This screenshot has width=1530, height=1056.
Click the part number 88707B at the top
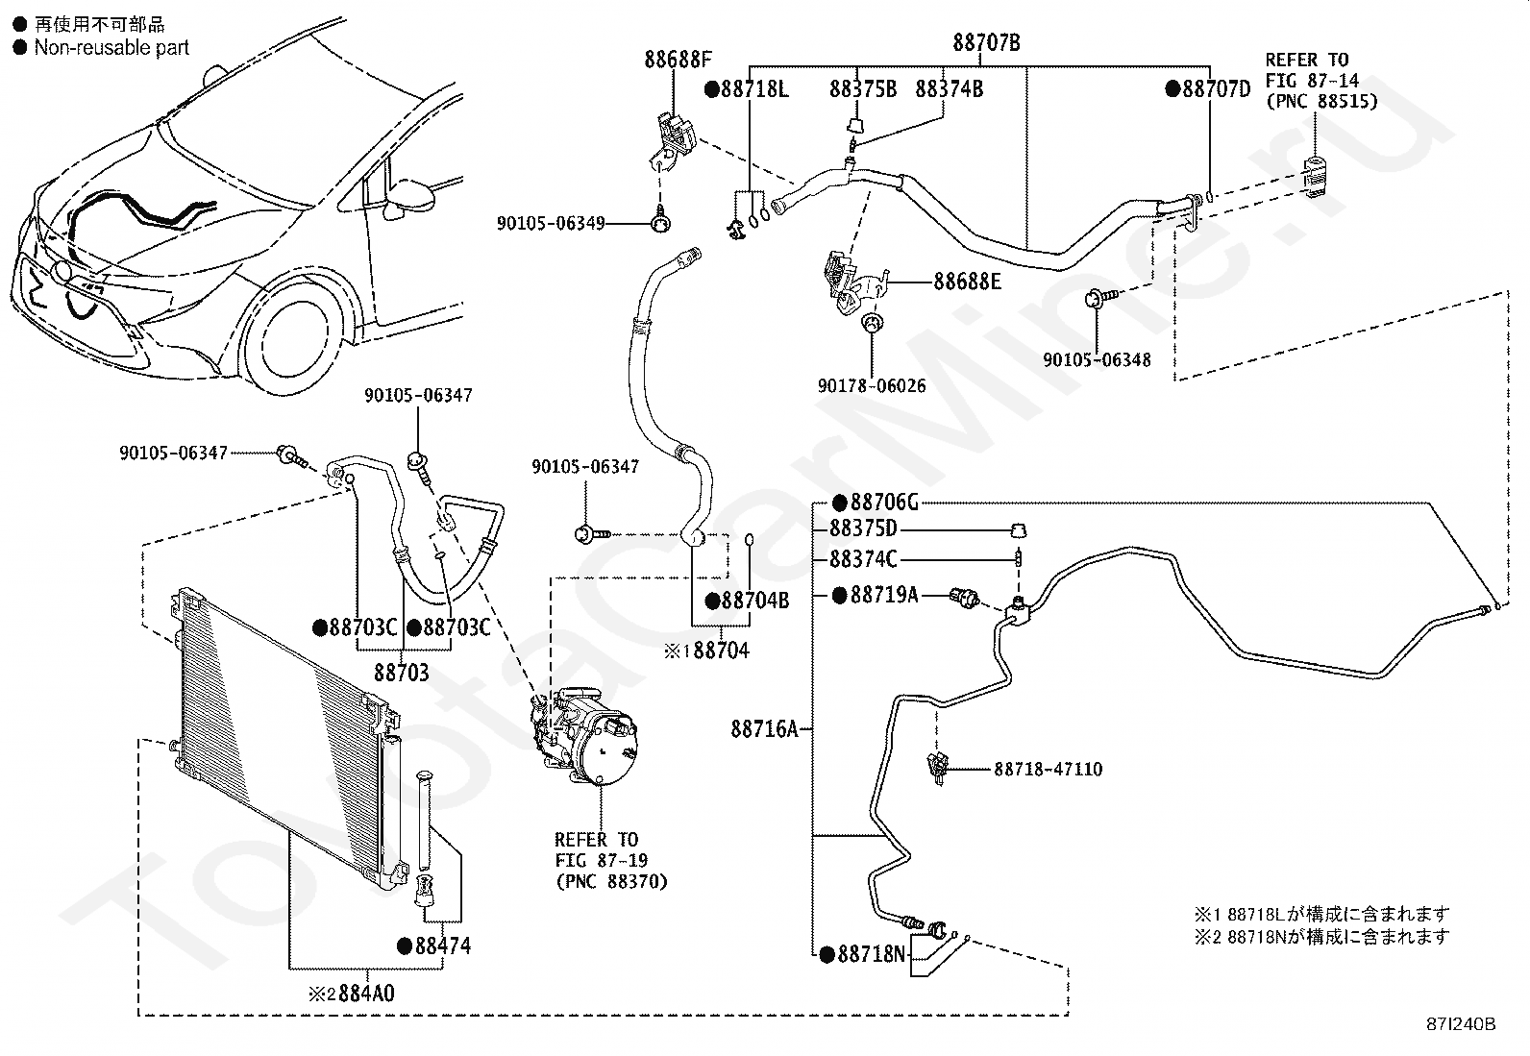[x=986, y=43]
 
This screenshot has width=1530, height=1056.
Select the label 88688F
[x=678, y=61]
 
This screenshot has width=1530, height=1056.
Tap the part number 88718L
[x=754, y=89]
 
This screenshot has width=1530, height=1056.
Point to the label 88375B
[x=863, y=89]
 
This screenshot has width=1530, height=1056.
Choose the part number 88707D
[x=1216, y=89]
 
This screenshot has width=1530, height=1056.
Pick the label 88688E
[x=967, y=282]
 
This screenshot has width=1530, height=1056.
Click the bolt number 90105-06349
[x=551, y=224]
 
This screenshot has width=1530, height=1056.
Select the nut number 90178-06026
[x=872, y=385]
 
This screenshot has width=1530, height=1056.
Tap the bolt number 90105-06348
[x=1097, y=360]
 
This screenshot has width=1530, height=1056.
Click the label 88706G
[x=884, y=503]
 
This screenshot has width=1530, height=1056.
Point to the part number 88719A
[x=883, y=596]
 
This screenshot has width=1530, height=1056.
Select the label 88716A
[x=764, y=729]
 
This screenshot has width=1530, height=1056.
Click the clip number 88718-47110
[x=1048, y=769]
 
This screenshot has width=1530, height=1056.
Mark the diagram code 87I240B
[x=1461, y=1024]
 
